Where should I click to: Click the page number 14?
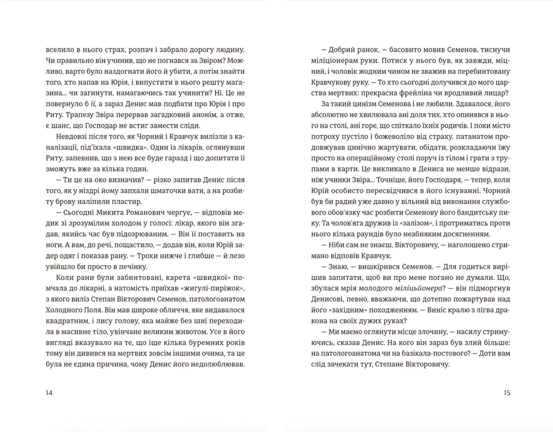[49, 393]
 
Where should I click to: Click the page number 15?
[507, 393]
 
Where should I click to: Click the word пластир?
[127, 202]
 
